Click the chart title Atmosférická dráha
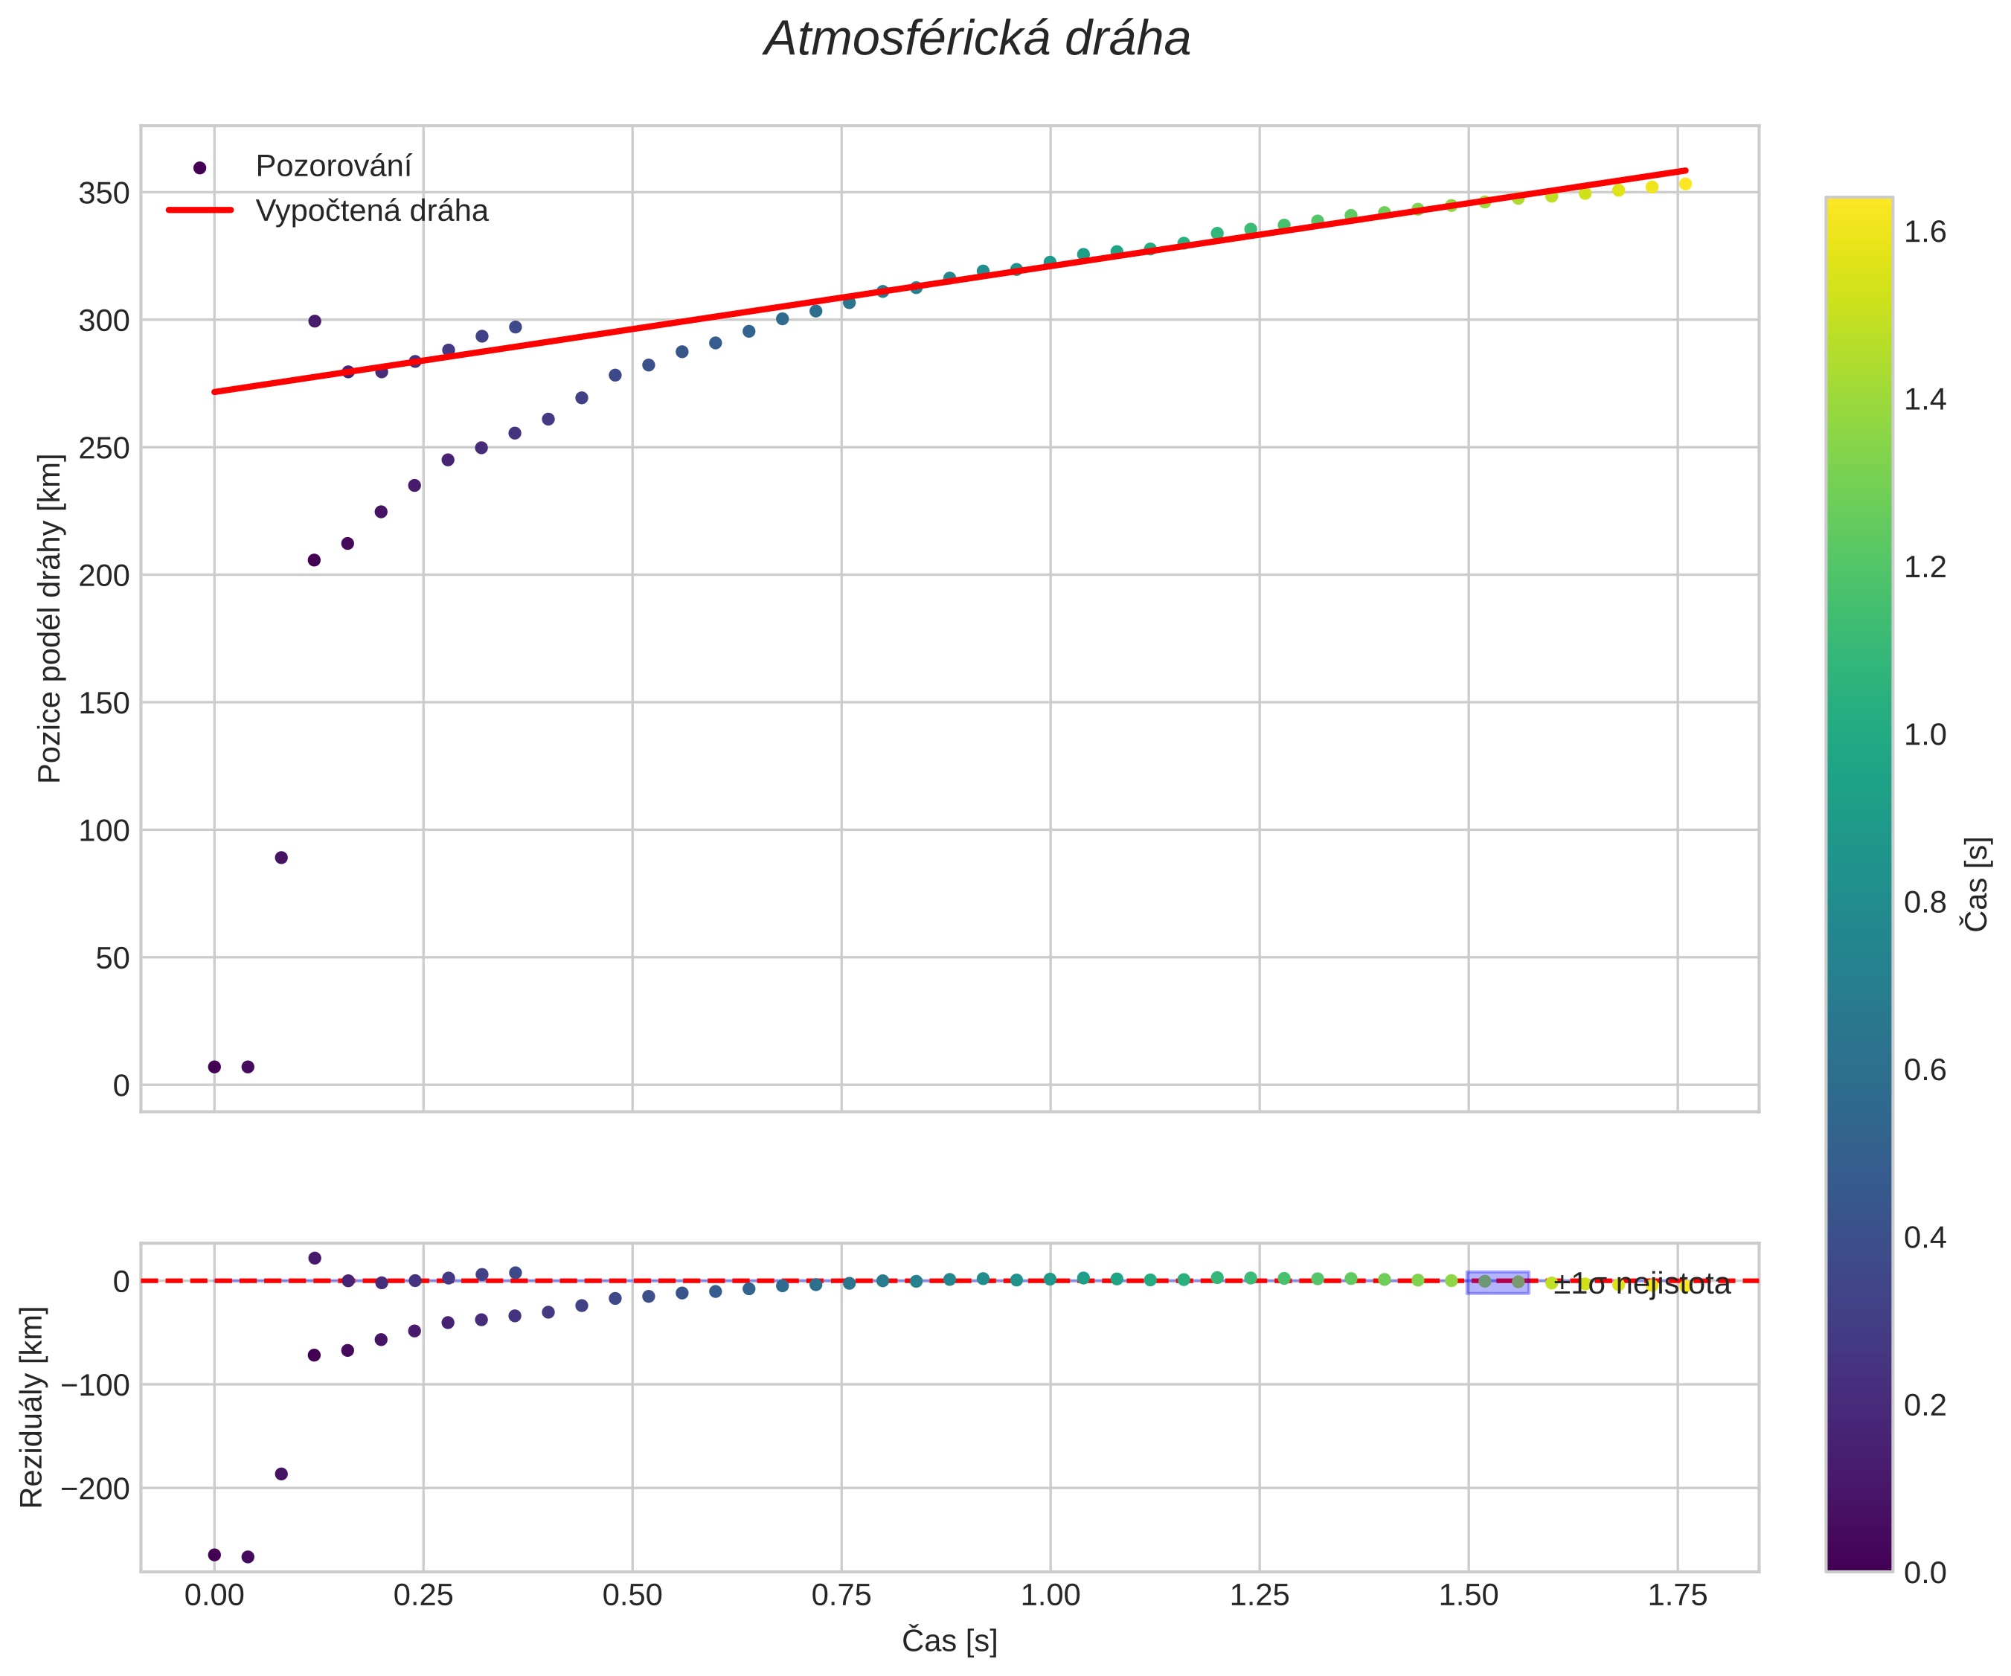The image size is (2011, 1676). (x=977, y=40)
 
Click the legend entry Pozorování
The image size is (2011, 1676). (x=333, y=167)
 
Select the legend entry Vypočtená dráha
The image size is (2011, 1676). (x=371, y=211)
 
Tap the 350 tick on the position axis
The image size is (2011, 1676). (x=103, y=193)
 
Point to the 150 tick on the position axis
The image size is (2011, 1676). (x=103, y=703)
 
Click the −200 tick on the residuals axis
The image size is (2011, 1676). (x=94, y=1489)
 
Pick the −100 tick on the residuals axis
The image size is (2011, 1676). (x=94, y=1385)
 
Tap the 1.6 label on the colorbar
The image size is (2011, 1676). (x=1925, y=232)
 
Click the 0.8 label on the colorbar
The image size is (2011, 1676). (x=1925, y=902)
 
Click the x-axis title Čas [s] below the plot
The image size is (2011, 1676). (x=949, y=1640)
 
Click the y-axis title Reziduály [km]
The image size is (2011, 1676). (x=31, y=1407)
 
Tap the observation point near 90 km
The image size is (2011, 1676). (x=280, y=857)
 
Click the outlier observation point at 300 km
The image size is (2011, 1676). (x=314, y=321)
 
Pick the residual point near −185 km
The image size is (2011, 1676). (x=280, y=1474)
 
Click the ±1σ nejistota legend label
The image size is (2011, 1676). (x=1641, y=1284)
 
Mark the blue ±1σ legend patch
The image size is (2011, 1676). (x=1498, y=1282)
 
